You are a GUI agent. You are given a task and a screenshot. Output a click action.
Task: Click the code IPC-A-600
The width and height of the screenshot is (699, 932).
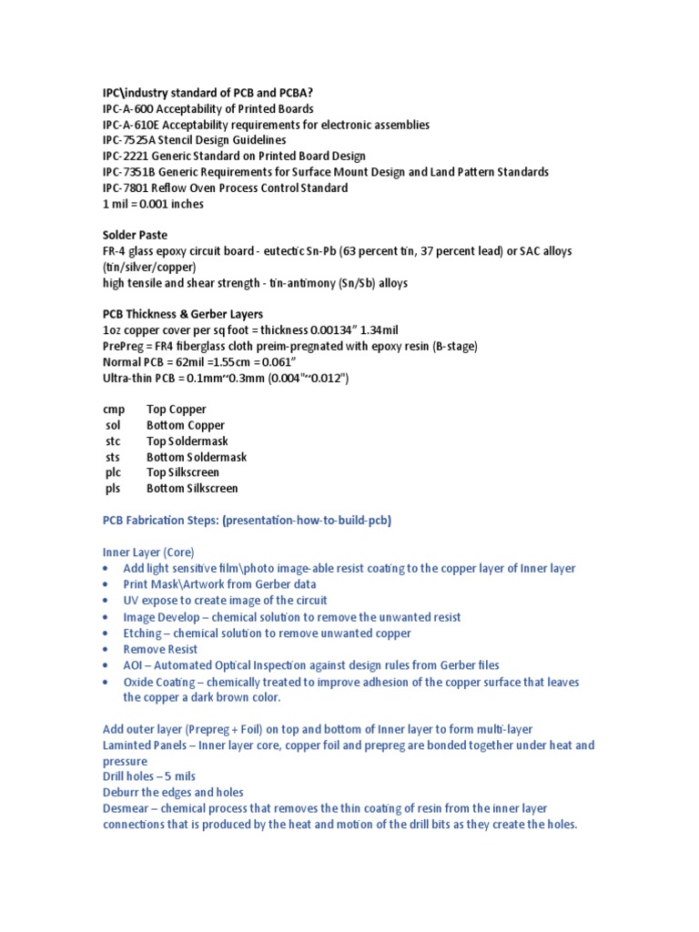pos(129,109)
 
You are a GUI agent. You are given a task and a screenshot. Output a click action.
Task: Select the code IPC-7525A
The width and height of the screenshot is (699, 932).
pos(132,140)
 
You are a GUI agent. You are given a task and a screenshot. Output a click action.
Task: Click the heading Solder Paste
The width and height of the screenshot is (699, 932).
pos(135,235)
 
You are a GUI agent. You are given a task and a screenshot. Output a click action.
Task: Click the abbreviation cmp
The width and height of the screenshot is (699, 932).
pos(114,410)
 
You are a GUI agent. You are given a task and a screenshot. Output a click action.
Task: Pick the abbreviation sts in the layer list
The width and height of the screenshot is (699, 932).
pos(113,457)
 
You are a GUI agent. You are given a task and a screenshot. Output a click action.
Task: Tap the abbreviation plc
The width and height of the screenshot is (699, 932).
pos(113,472)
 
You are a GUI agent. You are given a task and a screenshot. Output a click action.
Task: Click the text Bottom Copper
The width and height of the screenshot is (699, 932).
pos(186,425)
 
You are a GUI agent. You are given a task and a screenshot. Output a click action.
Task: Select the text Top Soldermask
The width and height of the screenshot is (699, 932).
pos(187,441)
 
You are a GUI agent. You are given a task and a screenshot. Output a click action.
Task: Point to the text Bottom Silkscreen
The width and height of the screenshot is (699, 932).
pos(192,489)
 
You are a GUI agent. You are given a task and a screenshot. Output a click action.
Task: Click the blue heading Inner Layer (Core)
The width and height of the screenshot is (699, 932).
pos(147,552)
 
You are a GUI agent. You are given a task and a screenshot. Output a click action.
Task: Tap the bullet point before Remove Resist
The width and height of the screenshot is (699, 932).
pos(106,650)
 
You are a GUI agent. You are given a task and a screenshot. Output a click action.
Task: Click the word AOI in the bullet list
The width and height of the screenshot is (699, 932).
pos(135,665)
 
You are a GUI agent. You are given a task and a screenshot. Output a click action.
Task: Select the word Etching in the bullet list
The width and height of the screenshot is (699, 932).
pos(144,633)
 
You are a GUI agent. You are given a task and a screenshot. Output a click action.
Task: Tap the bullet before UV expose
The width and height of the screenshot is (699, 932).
pos(106,602)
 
